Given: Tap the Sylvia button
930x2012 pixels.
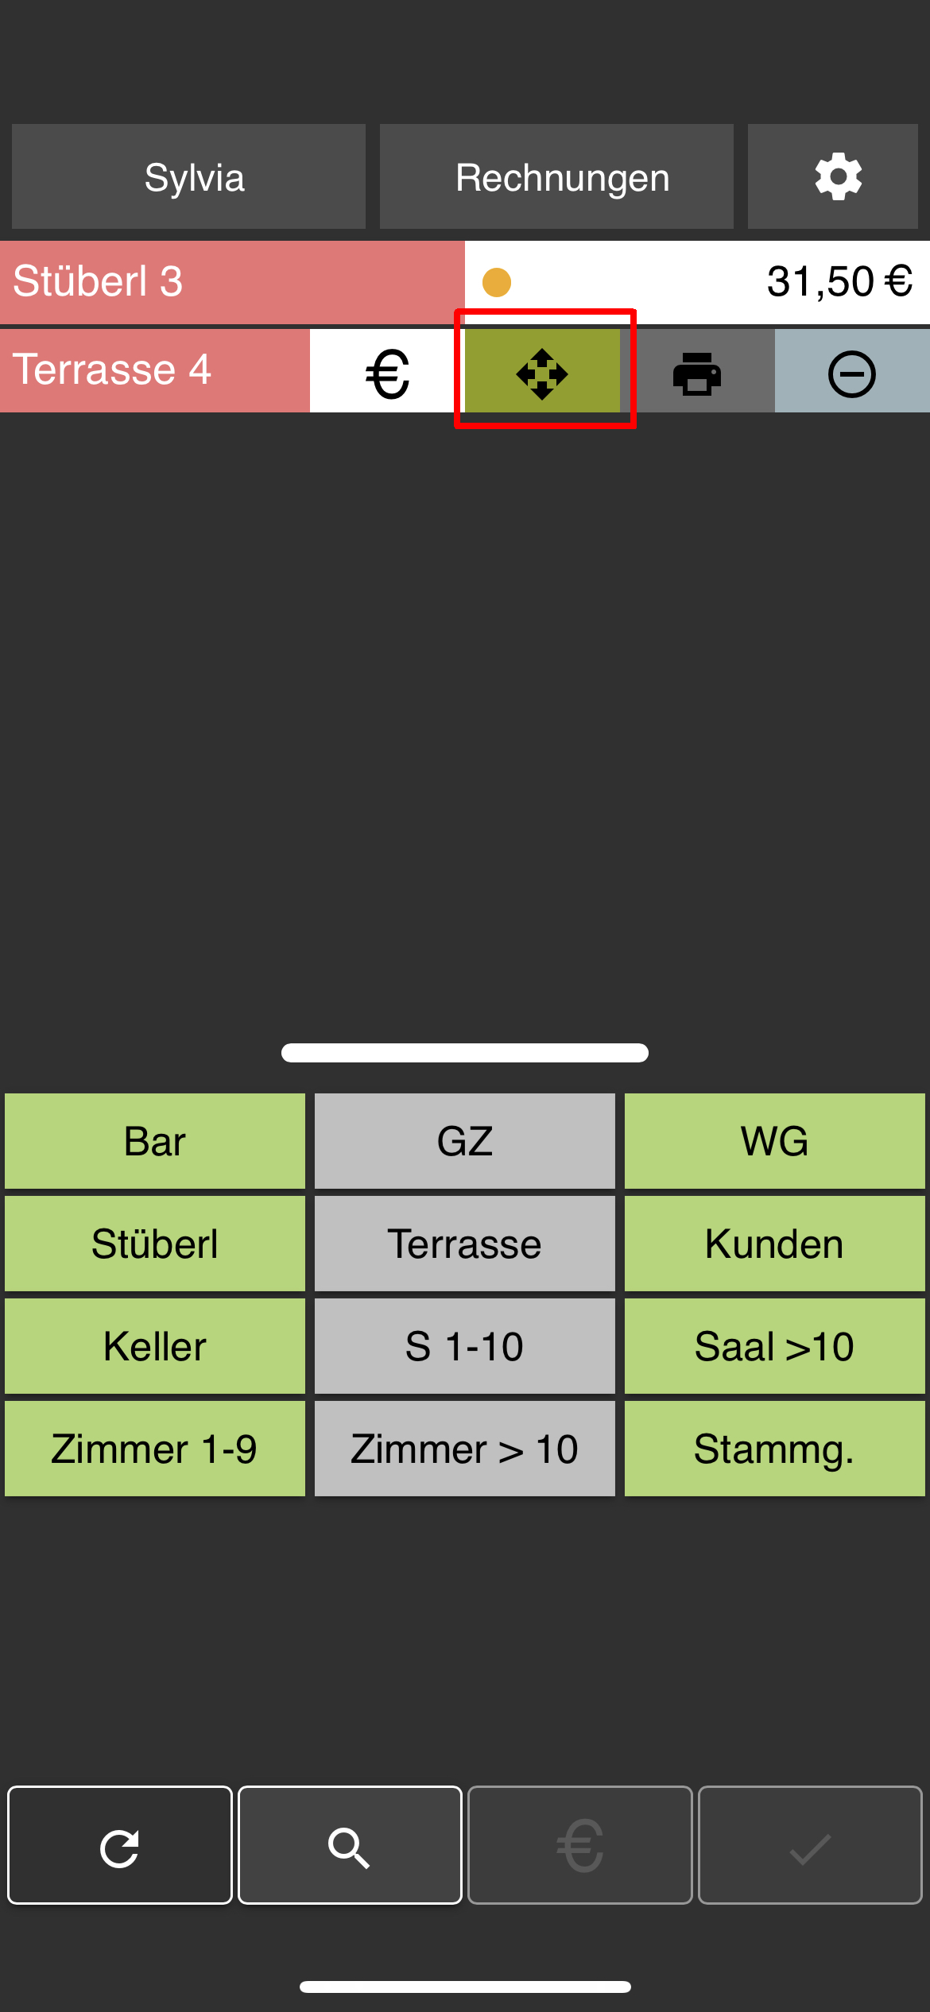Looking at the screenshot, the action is pyautogui.click(x=188, y=176).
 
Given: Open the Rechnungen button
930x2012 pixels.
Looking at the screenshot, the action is pyautogui.click(x=556, y=176).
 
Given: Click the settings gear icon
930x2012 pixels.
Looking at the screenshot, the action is pyautogui.click(x=838, y=176).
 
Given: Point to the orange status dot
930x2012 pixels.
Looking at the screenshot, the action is pyautogui.click(x=497, y=282).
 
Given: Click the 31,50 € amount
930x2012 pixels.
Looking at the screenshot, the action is pyautogui.click(x=839, y=281).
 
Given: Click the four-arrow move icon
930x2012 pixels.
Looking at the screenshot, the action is pyautogui.click(x=542, y=373).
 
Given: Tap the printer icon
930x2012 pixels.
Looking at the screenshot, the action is pyautogui.click(x=697, y=373).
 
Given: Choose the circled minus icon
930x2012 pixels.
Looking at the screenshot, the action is pyautogui.click(x=852, y=373).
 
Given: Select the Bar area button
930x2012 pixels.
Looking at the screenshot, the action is pyautogui.click(x=155, y=1141).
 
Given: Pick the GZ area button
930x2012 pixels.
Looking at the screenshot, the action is pyautogui.click(x=465, y=1141).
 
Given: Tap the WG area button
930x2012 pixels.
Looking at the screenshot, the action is pyautogui.click(x=775, y=1141).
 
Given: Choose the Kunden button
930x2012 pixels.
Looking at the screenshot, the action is pyautogui.click(x=775, y=1244).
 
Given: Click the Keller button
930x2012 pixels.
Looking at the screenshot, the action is pyautogui.click(x=155, y=1346).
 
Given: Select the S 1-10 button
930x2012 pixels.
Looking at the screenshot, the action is pyautogui.click(x=465, y=1346).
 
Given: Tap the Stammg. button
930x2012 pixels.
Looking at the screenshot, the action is pyautogui.click(x=775, y=1449).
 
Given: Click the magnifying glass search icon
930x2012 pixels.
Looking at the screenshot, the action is pyautogui.click(x=350, y=1845).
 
